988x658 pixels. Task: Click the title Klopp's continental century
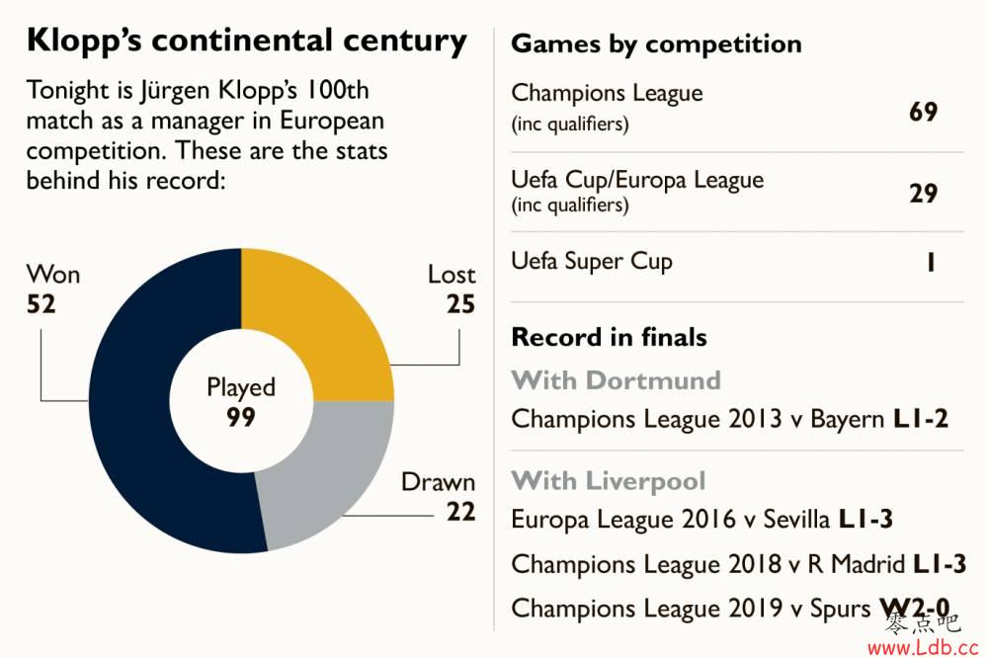tap(246, 41)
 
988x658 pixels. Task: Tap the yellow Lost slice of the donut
tap(316, 316)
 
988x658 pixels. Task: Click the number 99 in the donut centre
tap(241, 418)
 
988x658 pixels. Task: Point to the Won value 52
tap(41, 303)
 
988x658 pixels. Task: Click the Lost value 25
tap(460, 304)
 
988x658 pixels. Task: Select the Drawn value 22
tap(460, 512)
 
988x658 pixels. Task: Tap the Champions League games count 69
tap(923, 112)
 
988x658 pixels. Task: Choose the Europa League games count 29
tap(923, 193)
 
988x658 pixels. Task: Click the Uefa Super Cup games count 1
tap(931, 263)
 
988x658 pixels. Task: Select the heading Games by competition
tap(656, 44)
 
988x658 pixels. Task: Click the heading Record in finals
tap(609, 337)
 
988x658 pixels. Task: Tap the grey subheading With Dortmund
tap(616, 380)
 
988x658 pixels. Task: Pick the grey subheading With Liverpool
tap(609, 481)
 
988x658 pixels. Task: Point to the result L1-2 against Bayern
tap(920, 419)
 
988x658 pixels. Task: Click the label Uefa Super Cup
tap(592, 262)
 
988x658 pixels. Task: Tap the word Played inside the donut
tap(241, 388)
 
